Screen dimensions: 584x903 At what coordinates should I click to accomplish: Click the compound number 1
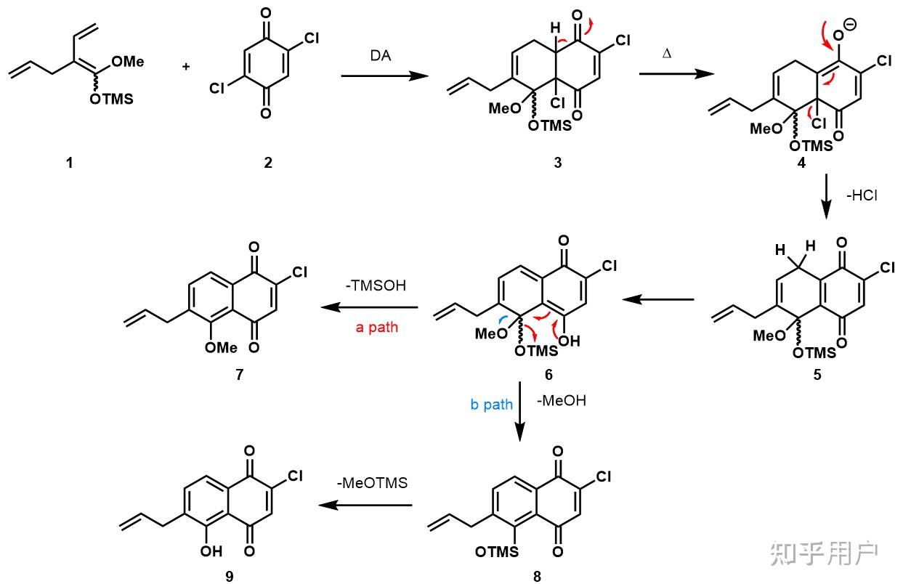pyautogui.click(x=70, y=163)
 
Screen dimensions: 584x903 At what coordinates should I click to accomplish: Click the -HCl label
pyautogui.click(x=862, y=195)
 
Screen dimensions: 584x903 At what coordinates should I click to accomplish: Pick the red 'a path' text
pyautogui.click(x=376, y=328)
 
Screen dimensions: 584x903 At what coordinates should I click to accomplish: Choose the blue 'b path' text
pyautogui.click(x=492, y=405)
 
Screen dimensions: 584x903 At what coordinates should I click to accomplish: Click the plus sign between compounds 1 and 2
pyautogui.click(x=187, y=67)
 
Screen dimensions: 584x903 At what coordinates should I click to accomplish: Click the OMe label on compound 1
pyautogui.click(x=128, y=62)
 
